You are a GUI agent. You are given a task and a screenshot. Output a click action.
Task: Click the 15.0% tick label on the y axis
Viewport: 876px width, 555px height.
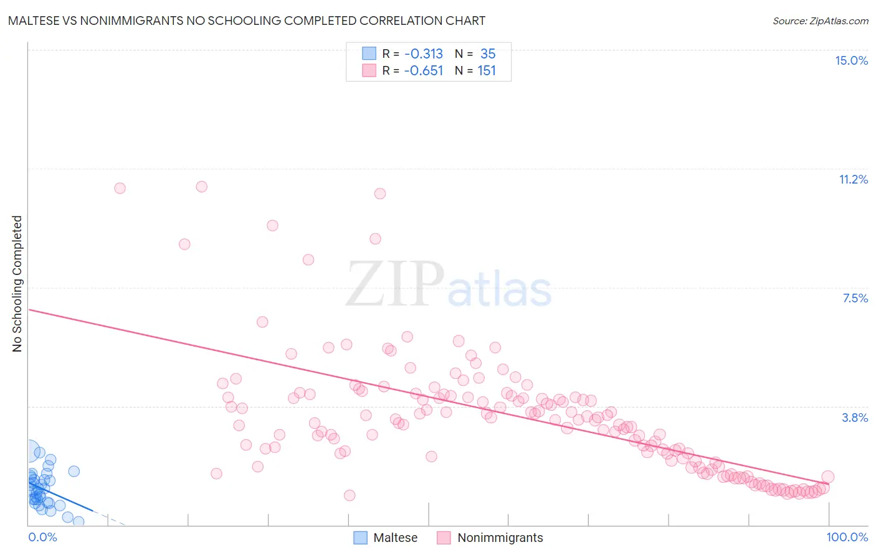pyautogui.click(x=851, y=60)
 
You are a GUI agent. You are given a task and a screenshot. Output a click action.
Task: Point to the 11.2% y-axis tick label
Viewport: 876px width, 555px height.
pyautogui.click(x=853, y=179)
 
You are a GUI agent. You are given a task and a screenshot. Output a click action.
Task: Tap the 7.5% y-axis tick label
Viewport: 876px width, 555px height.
pyautogui.click(x=855, y=298)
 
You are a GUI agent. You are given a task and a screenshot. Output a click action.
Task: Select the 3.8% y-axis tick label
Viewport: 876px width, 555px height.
pyautogui.click(x=855, y=417)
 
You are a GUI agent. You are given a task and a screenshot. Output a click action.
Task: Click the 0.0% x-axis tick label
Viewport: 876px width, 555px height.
pyautogui.click(x=42, y=537)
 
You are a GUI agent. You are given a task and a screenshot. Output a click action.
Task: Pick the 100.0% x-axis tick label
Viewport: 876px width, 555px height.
pyautogui.click(x=847, y=537)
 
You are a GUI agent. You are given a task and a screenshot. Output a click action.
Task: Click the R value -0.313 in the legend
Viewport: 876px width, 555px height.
pyautogui.click(x=423, y=54)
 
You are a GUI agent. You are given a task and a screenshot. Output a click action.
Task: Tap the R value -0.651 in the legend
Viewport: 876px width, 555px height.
pyautogui.click(x=423, y=71)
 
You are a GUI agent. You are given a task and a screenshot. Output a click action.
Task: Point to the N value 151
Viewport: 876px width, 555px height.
pyautogui.click(x=487, y=71)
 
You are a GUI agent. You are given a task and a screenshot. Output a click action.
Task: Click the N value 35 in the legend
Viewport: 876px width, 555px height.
pyautogui.click(x=488, y=54)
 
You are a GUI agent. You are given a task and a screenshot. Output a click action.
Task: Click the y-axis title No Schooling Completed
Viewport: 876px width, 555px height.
pyautogui.click(x=17, y=284)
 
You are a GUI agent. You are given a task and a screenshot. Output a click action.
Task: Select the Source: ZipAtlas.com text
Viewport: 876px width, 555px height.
pyautogui.click(x=820, y=21)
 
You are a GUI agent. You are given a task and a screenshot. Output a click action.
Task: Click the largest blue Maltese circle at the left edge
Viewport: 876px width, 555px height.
pyautogui.click(x=29, y=450)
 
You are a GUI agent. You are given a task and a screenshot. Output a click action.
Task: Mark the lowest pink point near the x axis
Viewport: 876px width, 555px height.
pyautogui.click(x=350, y=495)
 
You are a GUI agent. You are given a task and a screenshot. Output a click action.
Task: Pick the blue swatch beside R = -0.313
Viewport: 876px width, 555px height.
pyautogui.click(x=369, y=54)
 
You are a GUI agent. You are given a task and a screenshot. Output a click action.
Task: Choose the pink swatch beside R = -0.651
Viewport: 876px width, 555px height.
pyautogui.click(x=369, y=70)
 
